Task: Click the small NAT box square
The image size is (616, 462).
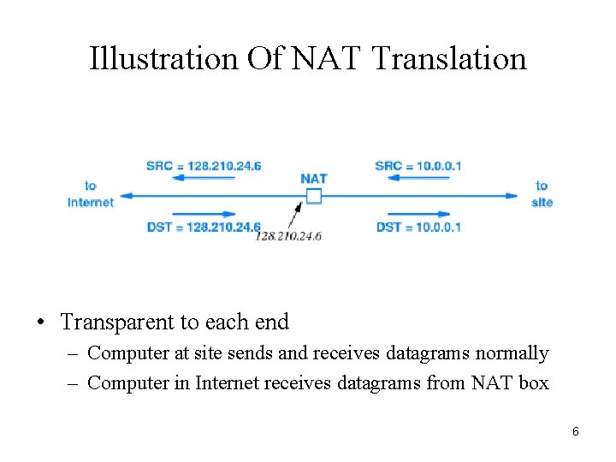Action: [314, 196]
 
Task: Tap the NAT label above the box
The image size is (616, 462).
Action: [314, 179]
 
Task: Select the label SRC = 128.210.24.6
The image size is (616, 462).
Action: [204, 165]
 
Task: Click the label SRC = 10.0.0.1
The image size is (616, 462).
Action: [418, 165]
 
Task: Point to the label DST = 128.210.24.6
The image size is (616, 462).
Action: [204, 227]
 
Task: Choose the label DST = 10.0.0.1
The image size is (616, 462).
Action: [418, 227]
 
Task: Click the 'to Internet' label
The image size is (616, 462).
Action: [91, 194]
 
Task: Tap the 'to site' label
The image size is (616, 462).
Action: [542, 194]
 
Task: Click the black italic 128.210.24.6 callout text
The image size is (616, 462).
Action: [288, 237]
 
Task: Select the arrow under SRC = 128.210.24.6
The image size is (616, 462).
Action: [205, 178]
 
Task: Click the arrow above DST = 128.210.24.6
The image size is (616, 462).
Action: [205, 214]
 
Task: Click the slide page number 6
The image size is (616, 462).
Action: [576, 431]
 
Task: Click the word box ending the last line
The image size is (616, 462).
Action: [533, 382]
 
